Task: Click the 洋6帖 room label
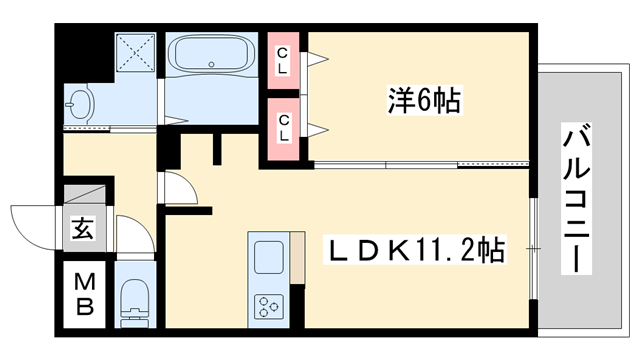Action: click(x=424, y=101)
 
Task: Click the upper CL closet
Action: click(x=284, y=60)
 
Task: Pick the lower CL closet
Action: click(x=284, y=127)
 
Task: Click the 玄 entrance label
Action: click(x=83, y=229)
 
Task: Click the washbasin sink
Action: click(x=79, y=102)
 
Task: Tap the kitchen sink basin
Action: click(x=269, y=258)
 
